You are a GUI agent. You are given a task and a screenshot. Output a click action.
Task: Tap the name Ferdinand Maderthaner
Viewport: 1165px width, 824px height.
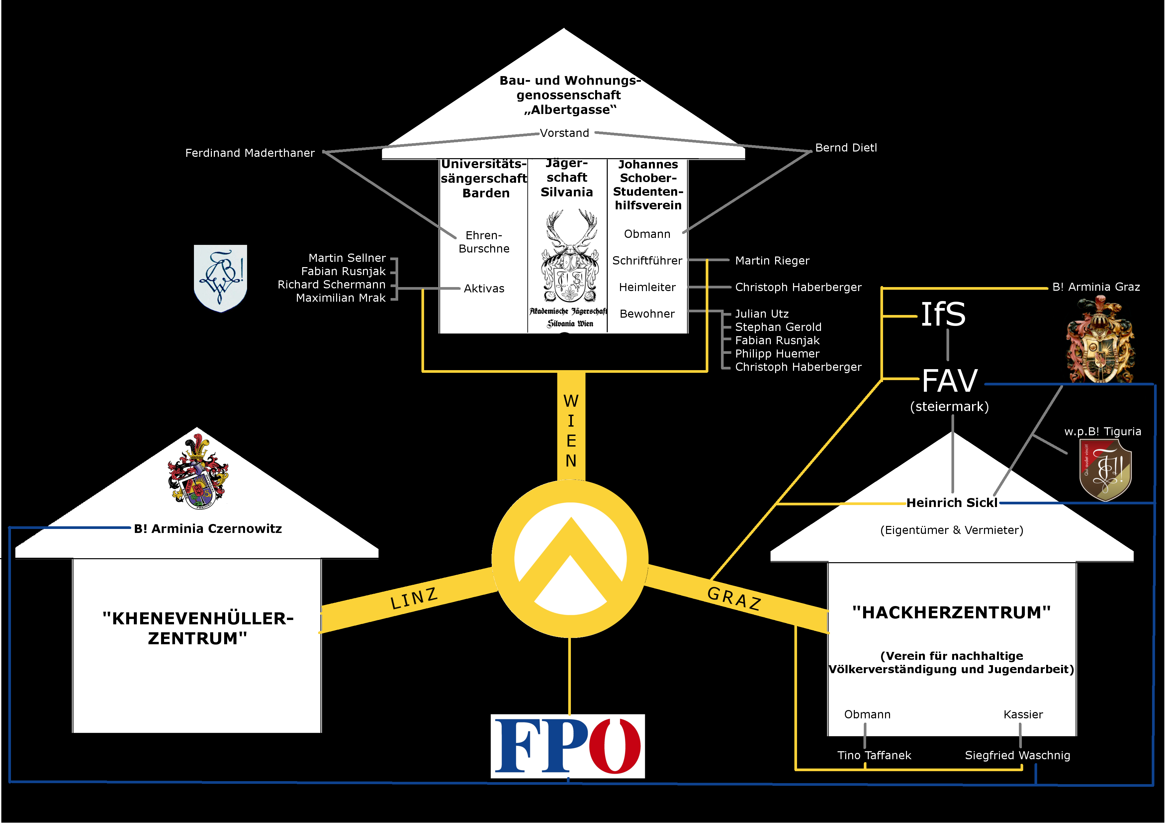250,153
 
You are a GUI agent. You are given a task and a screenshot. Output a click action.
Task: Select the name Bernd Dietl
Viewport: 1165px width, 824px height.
846,148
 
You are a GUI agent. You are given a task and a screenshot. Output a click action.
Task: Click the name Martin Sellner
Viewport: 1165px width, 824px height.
347,258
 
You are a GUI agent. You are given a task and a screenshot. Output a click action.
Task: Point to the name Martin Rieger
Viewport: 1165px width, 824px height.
772,260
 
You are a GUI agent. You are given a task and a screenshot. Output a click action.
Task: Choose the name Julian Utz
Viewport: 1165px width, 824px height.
762,314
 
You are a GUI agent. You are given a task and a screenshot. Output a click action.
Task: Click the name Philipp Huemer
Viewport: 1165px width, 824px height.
777,354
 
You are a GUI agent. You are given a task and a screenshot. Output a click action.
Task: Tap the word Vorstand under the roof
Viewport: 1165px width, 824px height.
564,133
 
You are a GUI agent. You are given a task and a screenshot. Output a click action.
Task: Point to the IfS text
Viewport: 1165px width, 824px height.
943,314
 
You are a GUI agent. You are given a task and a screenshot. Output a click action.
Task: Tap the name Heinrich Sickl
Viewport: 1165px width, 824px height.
951,503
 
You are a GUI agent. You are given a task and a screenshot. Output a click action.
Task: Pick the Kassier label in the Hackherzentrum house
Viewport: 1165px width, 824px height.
1023,714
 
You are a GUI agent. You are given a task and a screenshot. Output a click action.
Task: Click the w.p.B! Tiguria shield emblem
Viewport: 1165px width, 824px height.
1105,469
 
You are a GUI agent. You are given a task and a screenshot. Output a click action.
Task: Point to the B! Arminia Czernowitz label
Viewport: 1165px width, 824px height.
208,529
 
